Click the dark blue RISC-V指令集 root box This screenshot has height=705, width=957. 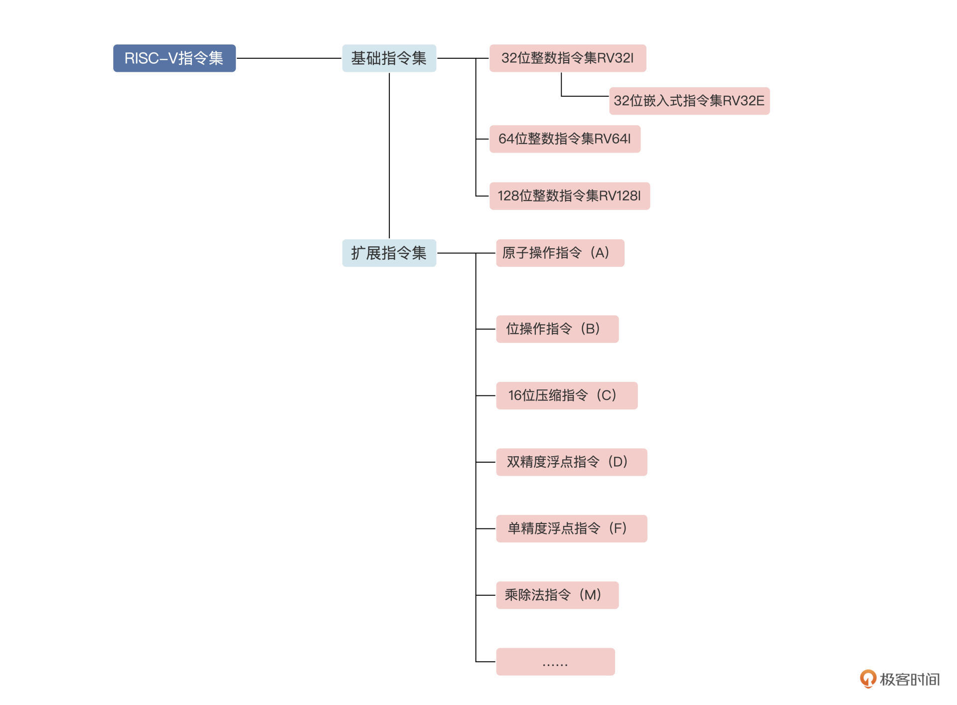(x=174, y=58)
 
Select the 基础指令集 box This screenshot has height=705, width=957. (x=389, y=58)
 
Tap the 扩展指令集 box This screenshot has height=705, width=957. (x=389, y=253)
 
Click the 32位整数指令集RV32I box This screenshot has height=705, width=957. (x=567, y=58)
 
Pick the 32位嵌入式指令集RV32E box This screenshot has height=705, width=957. (x=689, y=101)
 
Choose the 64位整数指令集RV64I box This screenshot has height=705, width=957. (x=564, y=139)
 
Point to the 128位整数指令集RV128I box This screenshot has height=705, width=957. (x=569, y=196)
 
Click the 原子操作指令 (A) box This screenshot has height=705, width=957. (x=560, y=253)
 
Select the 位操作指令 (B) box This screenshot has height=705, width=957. (x=557, y=329)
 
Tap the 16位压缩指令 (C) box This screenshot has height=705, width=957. (x=566, y=396)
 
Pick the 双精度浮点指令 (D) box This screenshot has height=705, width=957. (x=571, y=462)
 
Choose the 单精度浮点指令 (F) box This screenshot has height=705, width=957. (x=571, y=529)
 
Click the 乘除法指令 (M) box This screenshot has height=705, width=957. (x=557, y=595)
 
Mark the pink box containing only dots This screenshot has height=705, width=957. (x=555, y=662)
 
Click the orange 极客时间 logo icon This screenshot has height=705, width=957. (x=868, y=679)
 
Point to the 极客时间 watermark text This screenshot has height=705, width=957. (x=910, y=680)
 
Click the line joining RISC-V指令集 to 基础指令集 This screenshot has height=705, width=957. (x=289, y=58)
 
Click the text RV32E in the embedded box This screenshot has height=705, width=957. (x=743, y=101)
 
